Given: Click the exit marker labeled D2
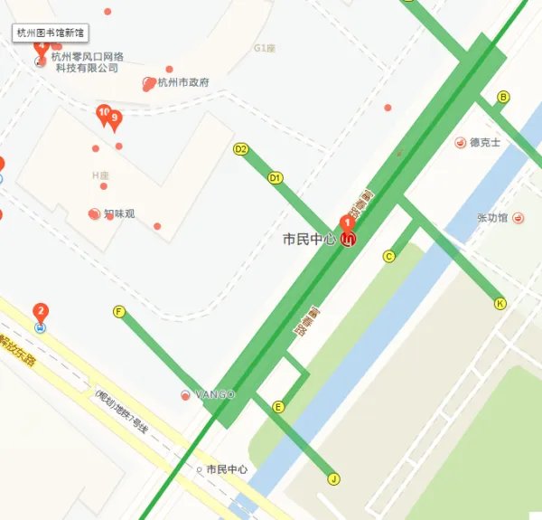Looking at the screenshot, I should [240, 149].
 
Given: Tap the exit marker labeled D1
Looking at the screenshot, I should [276, 178].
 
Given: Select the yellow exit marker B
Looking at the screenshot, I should [503, 98].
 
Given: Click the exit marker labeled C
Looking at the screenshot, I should [389, 256].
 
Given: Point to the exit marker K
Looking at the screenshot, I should [500, 304].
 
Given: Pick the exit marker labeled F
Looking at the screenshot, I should [118, 312].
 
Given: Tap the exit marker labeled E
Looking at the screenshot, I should [278, 407].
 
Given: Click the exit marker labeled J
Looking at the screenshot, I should [333, 479].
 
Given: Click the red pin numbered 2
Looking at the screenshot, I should [40, 313].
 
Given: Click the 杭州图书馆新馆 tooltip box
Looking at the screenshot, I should [51, 33].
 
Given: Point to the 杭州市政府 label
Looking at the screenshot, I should [182, 82].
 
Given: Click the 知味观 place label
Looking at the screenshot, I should [118, 214].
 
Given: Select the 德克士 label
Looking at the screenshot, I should [484, 142].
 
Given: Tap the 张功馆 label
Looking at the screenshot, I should [492, 218].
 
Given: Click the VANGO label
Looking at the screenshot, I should [215, 394].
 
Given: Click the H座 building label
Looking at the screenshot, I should [99, 175].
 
